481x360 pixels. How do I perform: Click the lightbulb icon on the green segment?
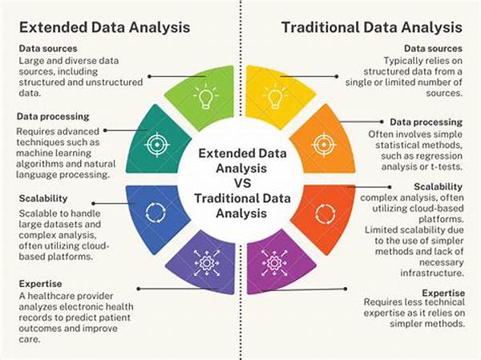coord(205,96)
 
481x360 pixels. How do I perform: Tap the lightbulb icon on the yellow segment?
coord(275,96)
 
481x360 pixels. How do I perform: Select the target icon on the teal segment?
coord(157,144)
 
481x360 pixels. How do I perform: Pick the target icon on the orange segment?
coord(324,144)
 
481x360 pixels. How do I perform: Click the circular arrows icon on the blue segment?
coord(156,212)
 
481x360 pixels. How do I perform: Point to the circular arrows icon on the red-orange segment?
coord(325,213)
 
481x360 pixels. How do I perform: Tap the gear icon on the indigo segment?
coord(207,263)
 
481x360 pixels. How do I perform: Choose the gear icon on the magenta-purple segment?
coord(274,263)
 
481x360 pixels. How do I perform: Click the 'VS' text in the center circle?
coord(243,184)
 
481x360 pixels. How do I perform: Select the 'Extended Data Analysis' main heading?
coord(104,27)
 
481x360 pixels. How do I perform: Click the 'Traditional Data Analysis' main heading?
coord(371,27)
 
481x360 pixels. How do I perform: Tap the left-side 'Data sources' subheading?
coord(48,48)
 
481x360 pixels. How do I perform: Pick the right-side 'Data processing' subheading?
coord(426,122)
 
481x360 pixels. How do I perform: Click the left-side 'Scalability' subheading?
coord(43,199)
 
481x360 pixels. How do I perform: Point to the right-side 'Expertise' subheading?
coord(443,293)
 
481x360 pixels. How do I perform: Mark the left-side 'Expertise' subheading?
coord(40,284)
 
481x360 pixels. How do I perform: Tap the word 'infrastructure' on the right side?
coord(432,273)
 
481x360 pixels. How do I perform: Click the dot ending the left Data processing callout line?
coord(105,131)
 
